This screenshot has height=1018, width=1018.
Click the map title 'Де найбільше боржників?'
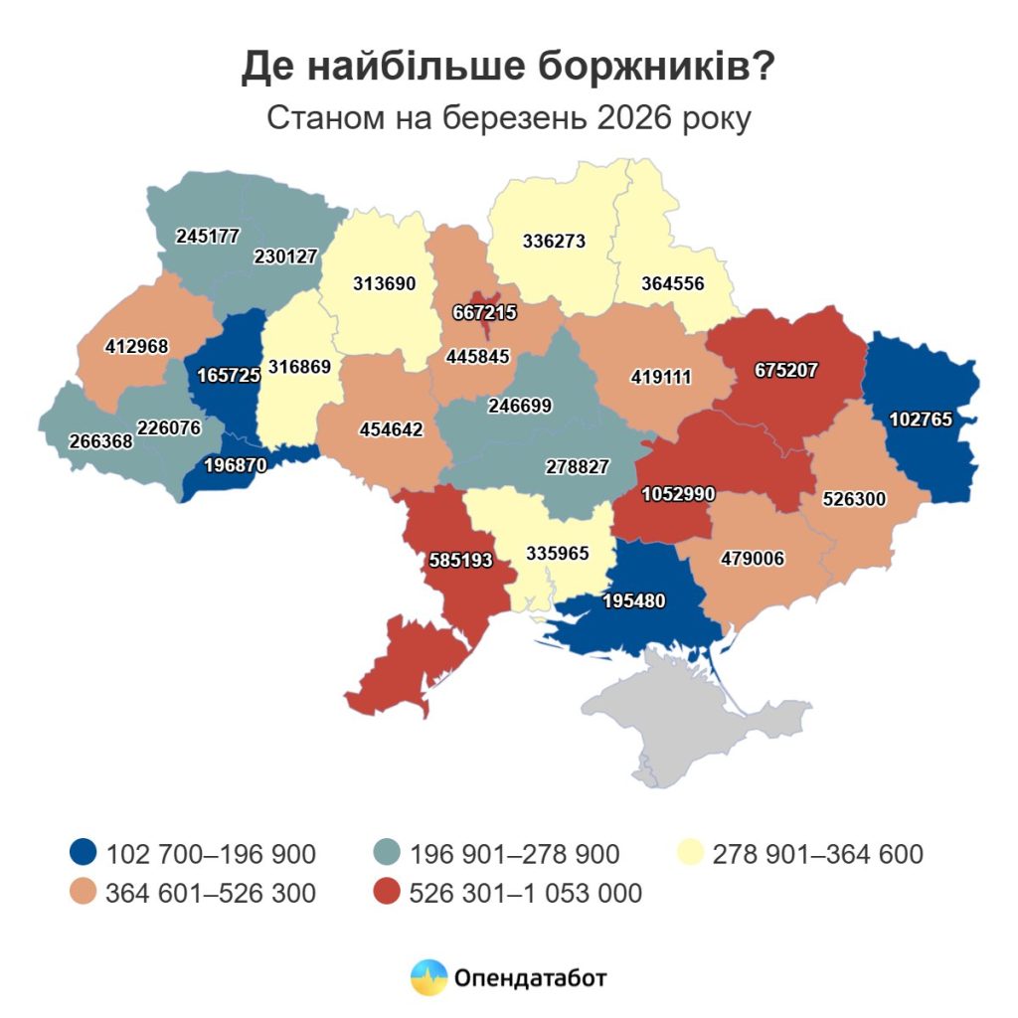[x=508, y=68]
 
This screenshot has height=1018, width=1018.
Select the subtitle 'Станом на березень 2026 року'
[x=508, y=118]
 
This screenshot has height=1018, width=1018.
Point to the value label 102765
[x=921, y=420]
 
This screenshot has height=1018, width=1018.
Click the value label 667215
[x=483, y=312]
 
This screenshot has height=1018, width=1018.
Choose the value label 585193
[x=459, y=560]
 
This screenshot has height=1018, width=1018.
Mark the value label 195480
[x=631, y=600]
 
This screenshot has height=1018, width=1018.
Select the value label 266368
[x=101, y=440]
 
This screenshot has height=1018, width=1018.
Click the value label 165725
[x=230, y=378]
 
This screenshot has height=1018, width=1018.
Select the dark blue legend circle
[x=85, y=853]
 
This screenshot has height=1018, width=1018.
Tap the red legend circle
[x=388, y=893]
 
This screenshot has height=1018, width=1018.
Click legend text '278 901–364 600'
[x=818, y=854]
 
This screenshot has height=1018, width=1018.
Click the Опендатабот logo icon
[x=428, y=977]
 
